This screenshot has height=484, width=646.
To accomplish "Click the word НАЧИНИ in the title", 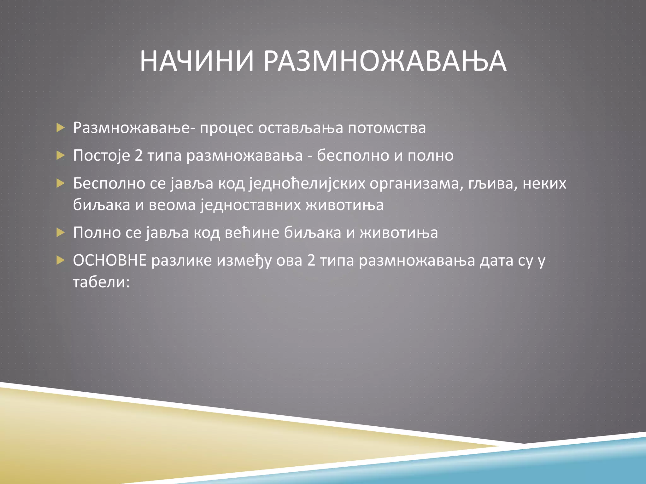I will tap(197, 61).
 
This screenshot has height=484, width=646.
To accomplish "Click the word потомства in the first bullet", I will tap(387, 128).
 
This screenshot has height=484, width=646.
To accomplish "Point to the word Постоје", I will tap(102, 156).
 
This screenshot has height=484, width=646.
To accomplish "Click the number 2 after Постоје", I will tap(139, 156).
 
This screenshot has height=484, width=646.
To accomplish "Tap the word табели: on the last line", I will tap(101, 282).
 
